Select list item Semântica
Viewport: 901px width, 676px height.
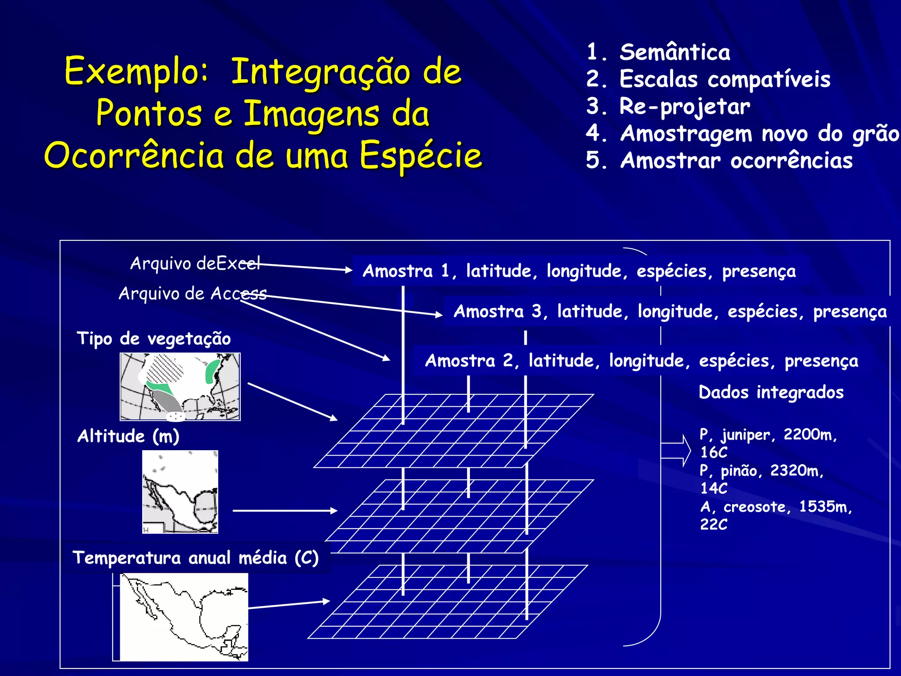click(674, 52)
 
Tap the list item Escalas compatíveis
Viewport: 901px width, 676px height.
click(725, 80)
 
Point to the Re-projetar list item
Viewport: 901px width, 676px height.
click(685, 107)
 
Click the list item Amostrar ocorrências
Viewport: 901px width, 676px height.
click(736, 161)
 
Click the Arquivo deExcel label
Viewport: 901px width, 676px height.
click(195, 264)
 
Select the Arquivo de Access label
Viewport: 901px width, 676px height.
click(192, 294)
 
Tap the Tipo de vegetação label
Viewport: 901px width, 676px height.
click(154, 339)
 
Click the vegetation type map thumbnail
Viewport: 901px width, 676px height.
click(180, 387)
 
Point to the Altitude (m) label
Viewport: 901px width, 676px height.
click(128, 436)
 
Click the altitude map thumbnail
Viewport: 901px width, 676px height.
click(180, 492)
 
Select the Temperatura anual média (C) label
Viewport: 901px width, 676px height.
click(195, 558)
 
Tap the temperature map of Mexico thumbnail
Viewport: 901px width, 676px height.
click(183, 617)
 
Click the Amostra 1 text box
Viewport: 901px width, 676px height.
click(579, 271)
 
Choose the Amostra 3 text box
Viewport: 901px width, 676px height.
click(670, 312)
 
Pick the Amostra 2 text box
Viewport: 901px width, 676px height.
click(641, 361)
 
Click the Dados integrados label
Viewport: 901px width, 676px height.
click(771, 392)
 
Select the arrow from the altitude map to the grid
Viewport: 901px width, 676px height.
click(285, 511)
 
